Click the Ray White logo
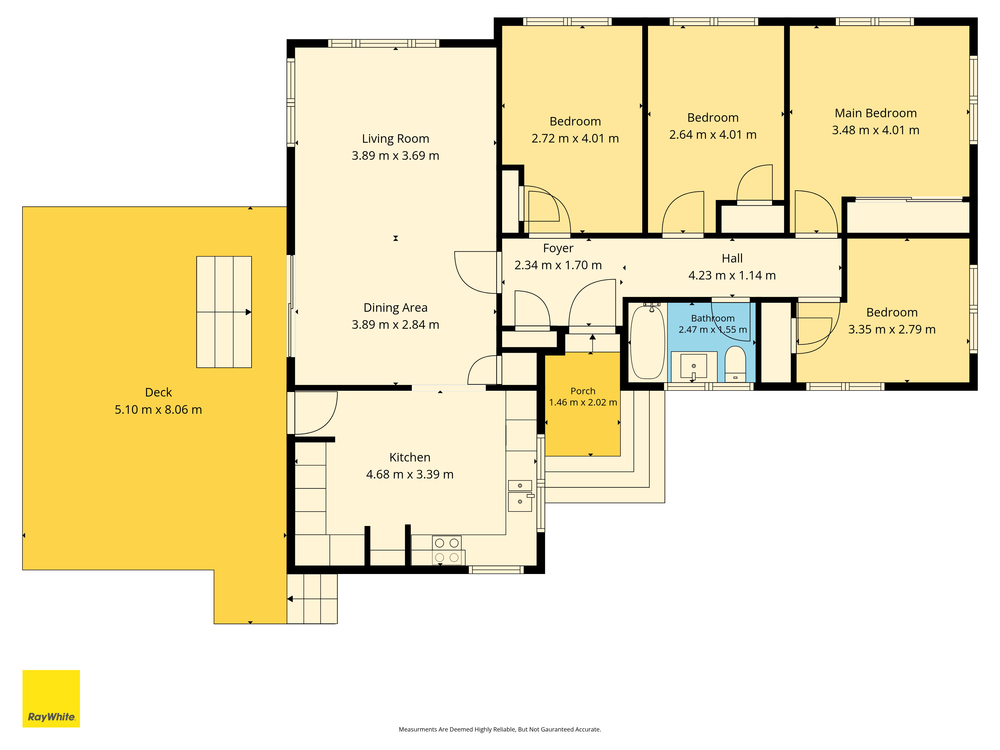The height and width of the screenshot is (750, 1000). (x=51, y=698)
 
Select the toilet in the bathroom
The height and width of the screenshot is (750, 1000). (x=735, y=364)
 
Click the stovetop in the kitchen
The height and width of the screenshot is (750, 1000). (x=447, y=550)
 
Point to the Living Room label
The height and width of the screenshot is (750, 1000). (x=395, y=139)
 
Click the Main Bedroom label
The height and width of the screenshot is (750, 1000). (x=876, y=113)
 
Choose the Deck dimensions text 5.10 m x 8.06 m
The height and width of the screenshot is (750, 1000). (x=158, y=409)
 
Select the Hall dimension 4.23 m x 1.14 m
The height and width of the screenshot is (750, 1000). (x=732, y=275)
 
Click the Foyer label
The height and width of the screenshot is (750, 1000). (x=558, y=248)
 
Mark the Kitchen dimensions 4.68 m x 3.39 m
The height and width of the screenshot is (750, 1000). (x=409, y=474)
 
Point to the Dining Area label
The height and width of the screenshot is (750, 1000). (x=395, y=308)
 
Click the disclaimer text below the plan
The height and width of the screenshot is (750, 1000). (x=499, y=729)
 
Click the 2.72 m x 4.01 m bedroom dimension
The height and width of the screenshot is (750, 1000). (x=575, y=138)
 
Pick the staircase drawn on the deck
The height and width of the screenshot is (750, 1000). (x=224, y=312)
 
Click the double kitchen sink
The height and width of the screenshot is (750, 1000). (x=520, y=495)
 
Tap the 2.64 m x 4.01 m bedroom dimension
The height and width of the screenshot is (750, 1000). (x=713, y=135)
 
